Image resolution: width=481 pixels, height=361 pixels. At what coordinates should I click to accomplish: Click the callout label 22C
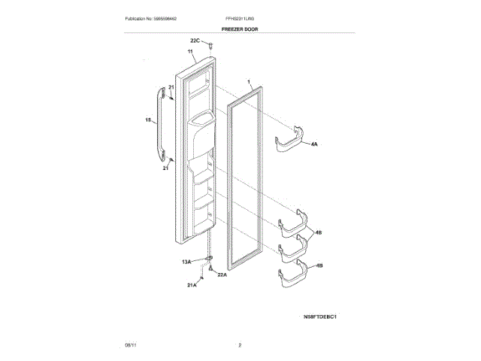[195, 40]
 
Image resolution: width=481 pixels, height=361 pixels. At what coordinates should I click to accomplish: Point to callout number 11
[191, 53]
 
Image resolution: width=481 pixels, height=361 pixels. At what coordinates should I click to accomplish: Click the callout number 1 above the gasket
[248, 80]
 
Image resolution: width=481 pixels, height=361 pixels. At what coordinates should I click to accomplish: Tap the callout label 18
[148, 120]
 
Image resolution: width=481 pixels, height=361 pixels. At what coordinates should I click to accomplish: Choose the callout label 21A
[192, 286]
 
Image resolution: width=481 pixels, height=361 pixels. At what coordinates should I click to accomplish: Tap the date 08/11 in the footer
[130, 345]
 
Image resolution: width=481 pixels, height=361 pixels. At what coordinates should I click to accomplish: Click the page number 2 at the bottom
[240, 345]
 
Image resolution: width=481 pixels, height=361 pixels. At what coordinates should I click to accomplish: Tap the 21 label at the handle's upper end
[171, 88]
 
